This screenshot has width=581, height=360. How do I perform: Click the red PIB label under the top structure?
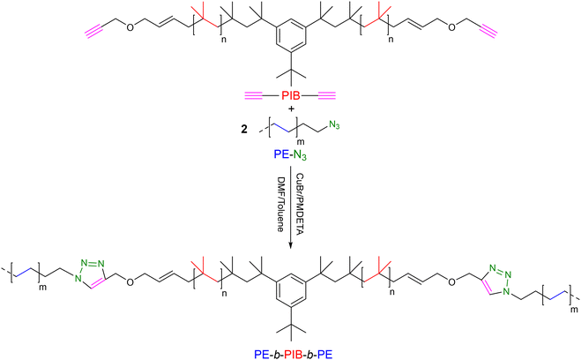(291, 96)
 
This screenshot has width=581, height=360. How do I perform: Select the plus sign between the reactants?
(291, 109)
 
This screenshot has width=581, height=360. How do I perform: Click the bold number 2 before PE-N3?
(244, 131)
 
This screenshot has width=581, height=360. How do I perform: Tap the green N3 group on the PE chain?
(334, 126)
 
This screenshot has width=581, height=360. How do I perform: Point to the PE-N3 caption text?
(290, 154)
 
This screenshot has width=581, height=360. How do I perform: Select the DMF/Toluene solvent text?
(280, 205)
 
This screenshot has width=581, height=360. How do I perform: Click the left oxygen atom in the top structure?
(130, 28)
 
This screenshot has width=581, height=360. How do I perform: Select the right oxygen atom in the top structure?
(451, 28)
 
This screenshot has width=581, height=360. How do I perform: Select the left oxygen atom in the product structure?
(130, 282)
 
